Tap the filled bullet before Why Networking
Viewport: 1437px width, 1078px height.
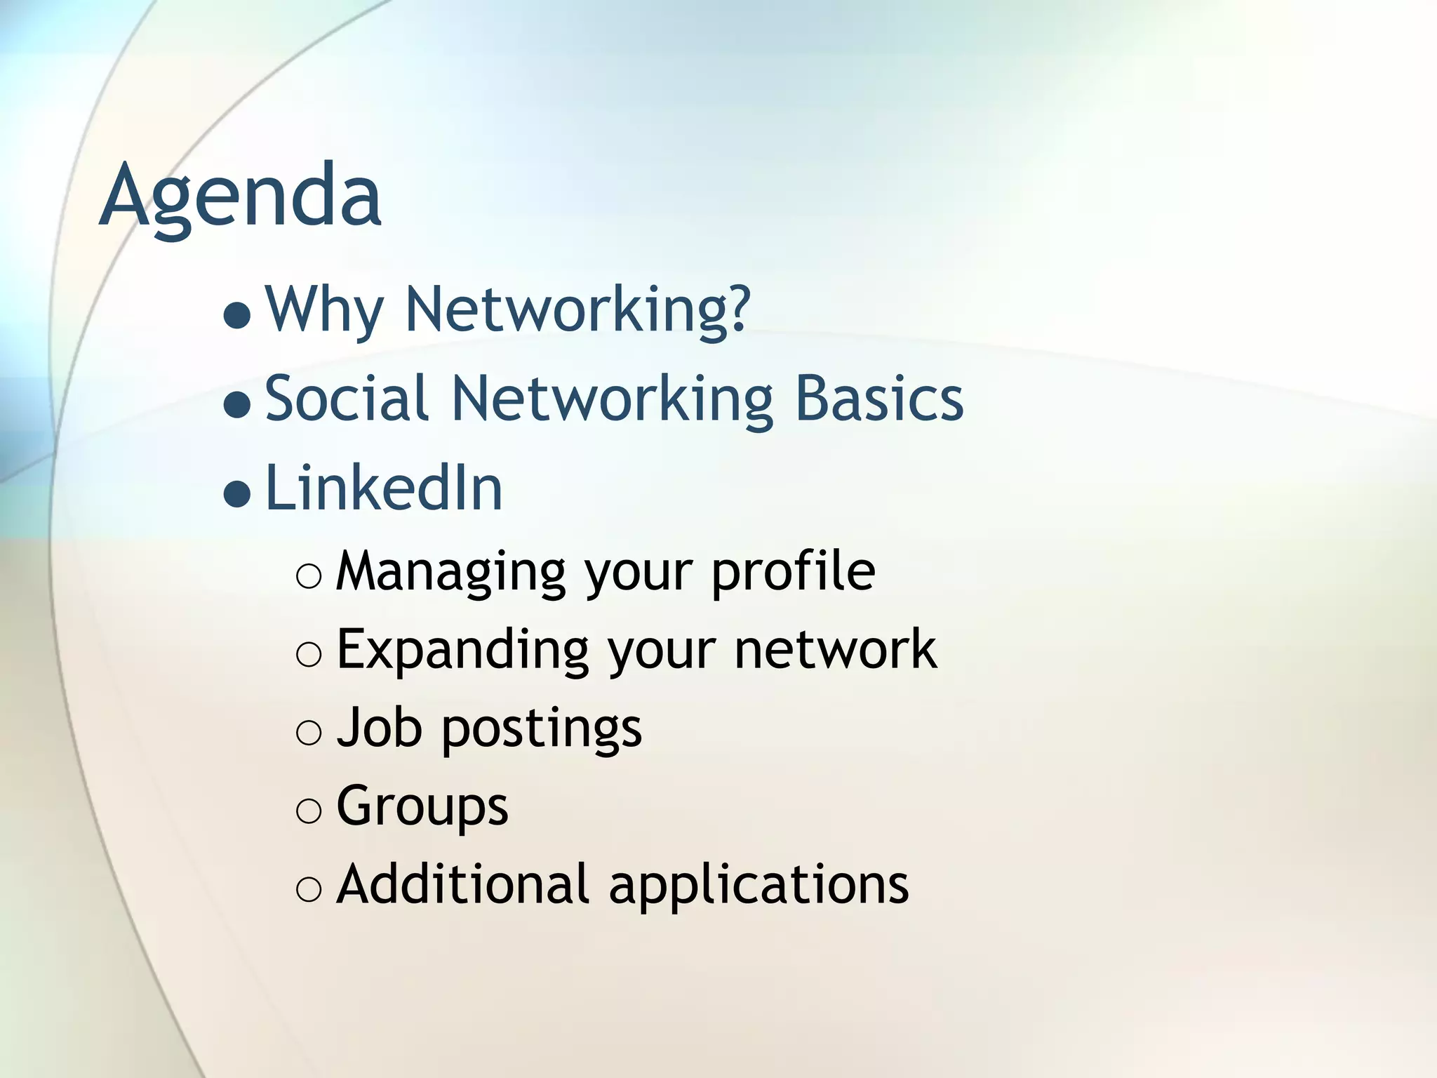click(x=237, y=315)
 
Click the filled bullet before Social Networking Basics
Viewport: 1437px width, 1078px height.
click(x=237, y=404)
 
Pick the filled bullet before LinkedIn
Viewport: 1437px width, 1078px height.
click(x=237, y=494)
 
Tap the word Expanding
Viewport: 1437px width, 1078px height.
click(x=462, y=650)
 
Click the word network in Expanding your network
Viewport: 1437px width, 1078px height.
click(x=835, y=650)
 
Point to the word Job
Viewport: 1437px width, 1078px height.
click(x=380, y=728)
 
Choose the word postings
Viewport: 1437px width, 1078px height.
click(x=541, y=730)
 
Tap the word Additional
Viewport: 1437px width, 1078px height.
click(x=462, y=884)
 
